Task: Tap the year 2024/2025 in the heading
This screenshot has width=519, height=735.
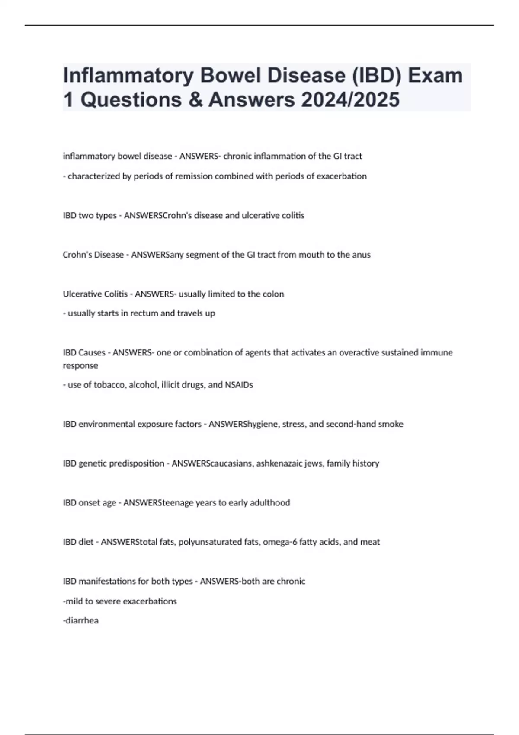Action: [x=350, y=99]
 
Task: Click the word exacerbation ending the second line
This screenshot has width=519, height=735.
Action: [x=342, y=176]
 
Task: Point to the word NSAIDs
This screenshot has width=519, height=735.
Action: [x=239, y=385]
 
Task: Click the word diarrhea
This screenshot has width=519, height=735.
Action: [x=81, y=620]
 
